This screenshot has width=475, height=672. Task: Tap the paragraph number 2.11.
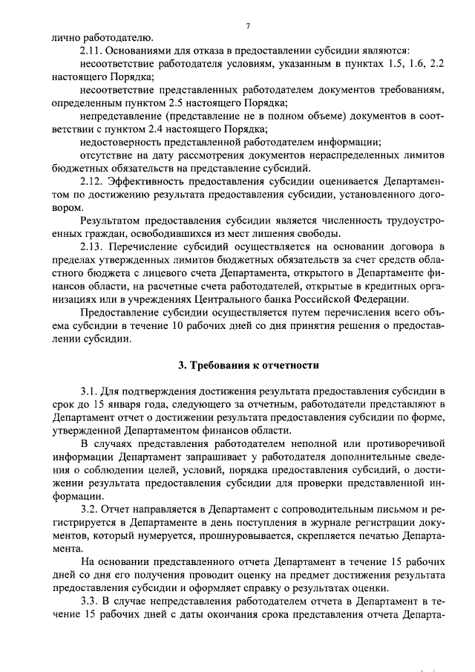91,50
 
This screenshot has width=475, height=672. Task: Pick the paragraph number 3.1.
88,391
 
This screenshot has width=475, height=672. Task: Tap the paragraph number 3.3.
88,600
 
